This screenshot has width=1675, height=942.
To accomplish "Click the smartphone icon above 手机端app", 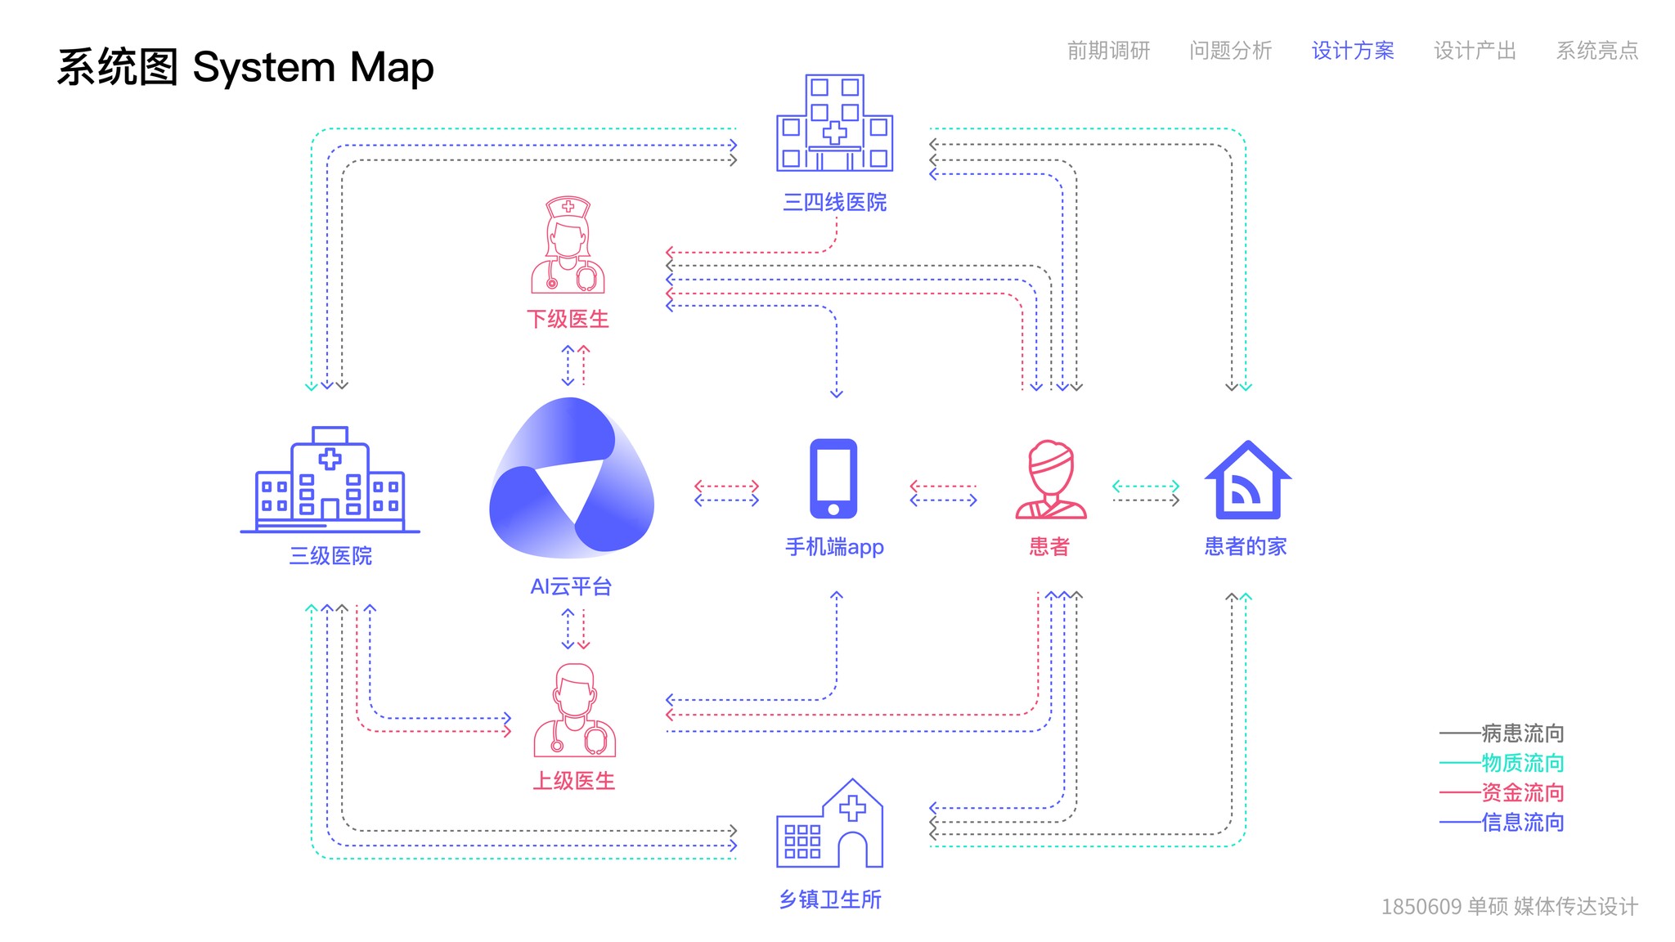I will click(x=833, y=479).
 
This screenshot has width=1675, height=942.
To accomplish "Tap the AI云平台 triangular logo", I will click(x=571, y=478).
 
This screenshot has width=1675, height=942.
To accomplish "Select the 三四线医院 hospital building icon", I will click(x=834, y=123).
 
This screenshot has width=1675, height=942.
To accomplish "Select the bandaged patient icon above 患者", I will click(x=1051, y=480).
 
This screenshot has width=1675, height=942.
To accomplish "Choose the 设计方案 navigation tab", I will click(x=1353, y=51).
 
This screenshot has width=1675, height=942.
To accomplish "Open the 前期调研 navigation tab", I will click(x=1108, y=51).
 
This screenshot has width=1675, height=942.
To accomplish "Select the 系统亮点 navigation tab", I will click(x=1596, y=51).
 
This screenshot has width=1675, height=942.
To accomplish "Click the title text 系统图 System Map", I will click(x=245, y=67).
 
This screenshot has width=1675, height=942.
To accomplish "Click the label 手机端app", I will click(x=834, y=546).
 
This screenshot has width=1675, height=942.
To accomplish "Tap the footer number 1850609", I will click(x=1421, y=907).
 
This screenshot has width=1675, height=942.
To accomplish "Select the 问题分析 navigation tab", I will click(x=1230, y=51).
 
